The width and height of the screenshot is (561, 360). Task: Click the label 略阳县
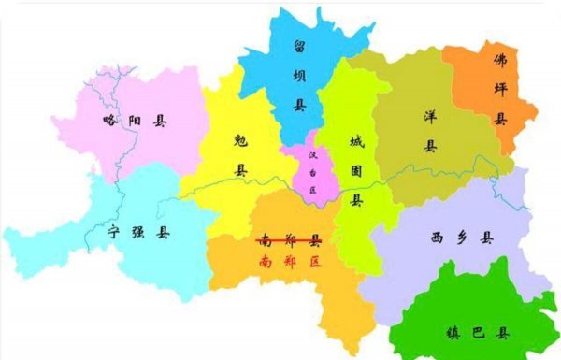135,121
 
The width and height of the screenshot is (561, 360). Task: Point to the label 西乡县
455,237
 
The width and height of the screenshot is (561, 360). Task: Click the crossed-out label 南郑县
289,240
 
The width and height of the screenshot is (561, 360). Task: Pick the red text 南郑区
289,261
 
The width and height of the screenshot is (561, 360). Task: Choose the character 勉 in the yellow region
240,139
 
